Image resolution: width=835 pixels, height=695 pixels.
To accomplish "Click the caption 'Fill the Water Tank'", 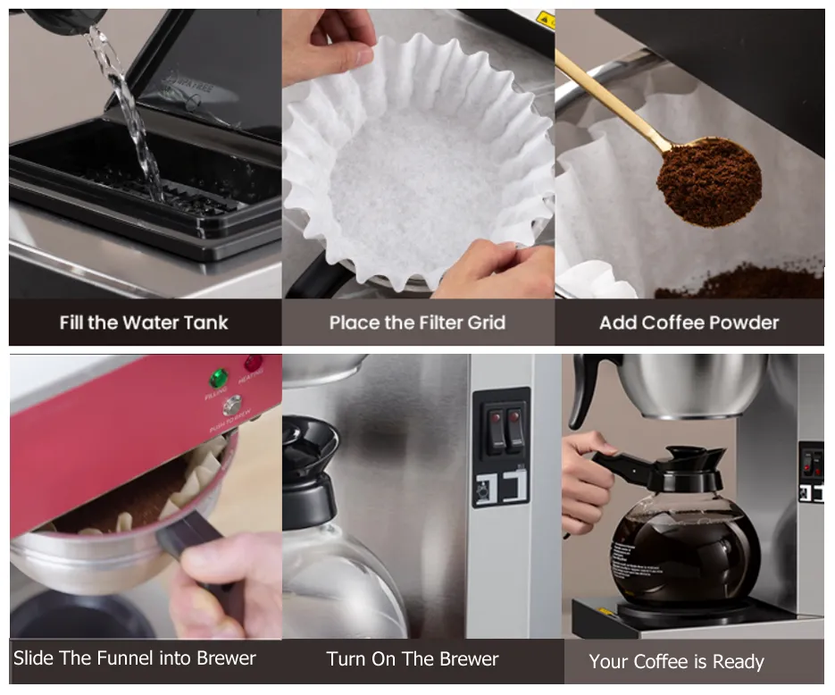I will click(x=144, y=322).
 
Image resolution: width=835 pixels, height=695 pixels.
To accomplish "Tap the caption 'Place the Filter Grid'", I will click(x=417, y=322).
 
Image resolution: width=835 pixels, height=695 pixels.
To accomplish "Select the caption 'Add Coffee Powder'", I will click(x=689, y=322).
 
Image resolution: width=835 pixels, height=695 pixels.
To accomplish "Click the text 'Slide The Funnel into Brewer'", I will click(x=135, y=659).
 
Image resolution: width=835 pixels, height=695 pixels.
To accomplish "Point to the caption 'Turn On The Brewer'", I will click(x=413, y=660).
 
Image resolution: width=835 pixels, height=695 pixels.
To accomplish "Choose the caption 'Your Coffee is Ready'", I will click(x=676, y=662).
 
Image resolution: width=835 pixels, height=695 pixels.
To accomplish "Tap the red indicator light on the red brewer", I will click(x=254, y=364).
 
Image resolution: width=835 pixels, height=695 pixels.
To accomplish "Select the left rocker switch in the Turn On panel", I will click(x=492, y=426).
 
